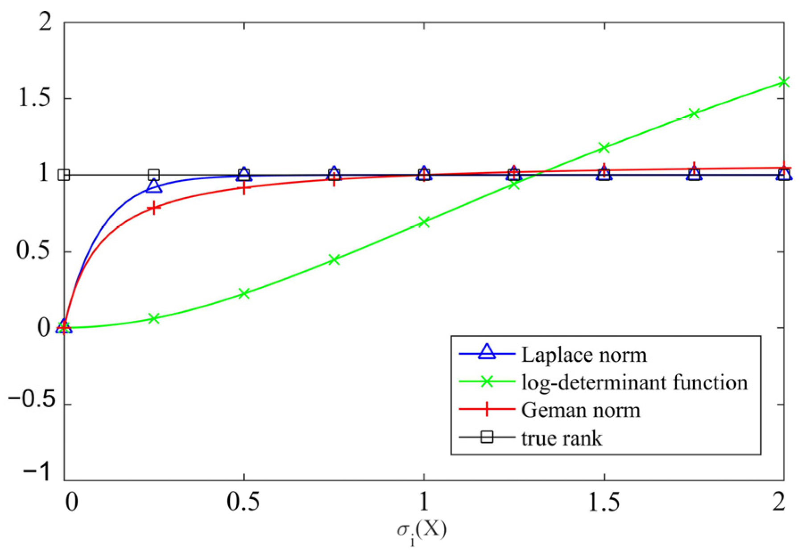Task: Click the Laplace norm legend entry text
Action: pyautogui.click(x=584, y=355)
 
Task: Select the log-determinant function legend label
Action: pyautogui.click(x=634, y=383)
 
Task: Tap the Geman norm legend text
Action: pyautogui.click(x=580, y=410)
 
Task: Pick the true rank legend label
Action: pyautogui.click(x=562, y=438)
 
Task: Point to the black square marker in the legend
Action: pyautogui.click(x=487, y=437)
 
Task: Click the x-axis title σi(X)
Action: pyautogui.click(x=422, y=531)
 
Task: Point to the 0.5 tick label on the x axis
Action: pyautogui.click(x=243, y=502)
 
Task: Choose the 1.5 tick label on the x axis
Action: pyautogui.click(x=604, y=502)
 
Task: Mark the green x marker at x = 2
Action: pyautogui.click(x=784, y=82)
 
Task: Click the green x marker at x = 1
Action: pyautogui.click(x=424, y=222)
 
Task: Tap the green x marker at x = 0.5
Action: pyautogui.click(x=244, y=293)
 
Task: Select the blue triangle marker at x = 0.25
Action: pyautogui.click(x=154, y=186)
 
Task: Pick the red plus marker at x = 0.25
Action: pyautogui.click(x=154, y=208)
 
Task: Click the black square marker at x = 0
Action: pyautogui.click(x=64, y=174)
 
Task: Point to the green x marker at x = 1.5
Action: pyautogui.click(x=604, y=147)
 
